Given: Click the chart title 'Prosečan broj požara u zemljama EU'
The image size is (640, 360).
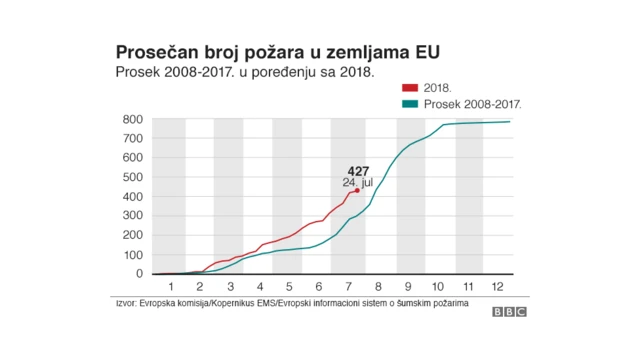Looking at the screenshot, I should pyautogui.click(x=277, y=51).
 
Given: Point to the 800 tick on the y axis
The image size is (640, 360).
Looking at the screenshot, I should pyautogui.click(x=133, y=120).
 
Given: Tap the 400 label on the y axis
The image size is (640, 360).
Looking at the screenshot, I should pyautogui.click(x=133, y=197).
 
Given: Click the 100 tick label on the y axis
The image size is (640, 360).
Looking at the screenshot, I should pyautogui.click(x=133, y=254).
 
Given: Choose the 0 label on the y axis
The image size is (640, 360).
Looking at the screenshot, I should pyautogui.click(x=140, y=273).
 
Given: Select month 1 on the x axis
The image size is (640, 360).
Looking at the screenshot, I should pyautogui.click(x=170, y=287).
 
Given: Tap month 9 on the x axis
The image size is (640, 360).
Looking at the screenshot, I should pyautogui.click(x=409, y=287).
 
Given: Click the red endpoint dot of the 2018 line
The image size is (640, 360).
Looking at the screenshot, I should pyautogui.click(x=357, y=190).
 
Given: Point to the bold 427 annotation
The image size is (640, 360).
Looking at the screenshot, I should pyautogui.click(x=358, y=171).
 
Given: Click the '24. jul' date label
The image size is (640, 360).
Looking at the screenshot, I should pyautogui.click(x=357, y=182).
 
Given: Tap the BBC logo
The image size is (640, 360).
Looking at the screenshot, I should pyautogui.click(x=509, y=312).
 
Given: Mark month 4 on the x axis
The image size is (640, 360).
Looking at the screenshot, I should pyautogui.click(x=258, y=287).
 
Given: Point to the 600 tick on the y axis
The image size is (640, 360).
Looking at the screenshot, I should pyautogui.click(x=133, y=158).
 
